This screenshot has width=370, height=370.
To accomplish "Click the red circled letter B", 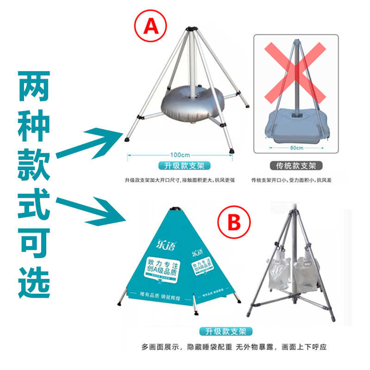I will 234,223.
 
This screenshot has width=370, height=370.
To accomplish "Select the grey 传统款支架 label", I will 296,166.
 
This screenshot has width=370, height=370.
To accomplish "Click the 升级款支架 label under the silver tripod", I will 180,165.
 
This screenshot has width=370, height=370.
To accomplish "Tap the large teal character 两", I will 34,87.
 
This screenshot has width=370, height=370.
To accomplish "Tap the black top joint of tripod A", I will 189,30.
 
